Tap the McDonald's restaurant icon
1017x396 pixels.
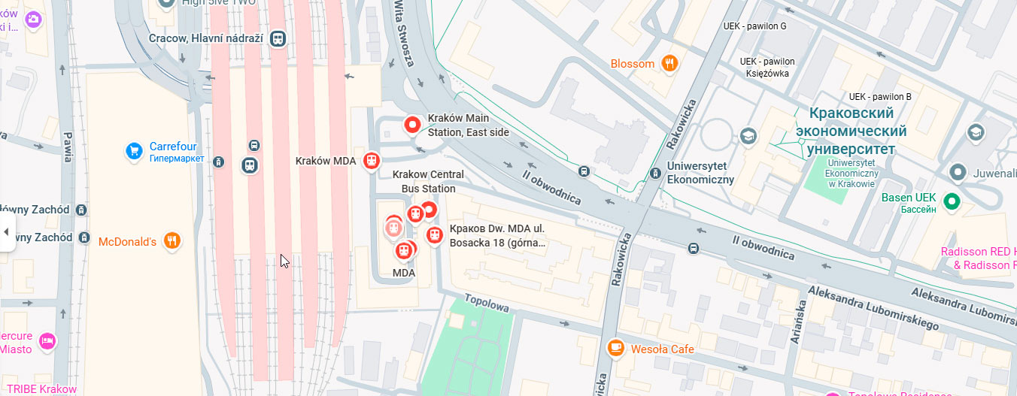pos(172,241)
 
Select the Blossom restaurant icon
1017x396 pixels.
pos(668,64)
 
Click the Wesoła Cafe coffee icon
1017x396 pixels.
pos(615,348)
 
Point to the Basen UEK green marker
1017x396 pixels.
pos(952,201)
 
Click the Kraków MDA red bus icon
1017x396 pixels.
pos(371,161)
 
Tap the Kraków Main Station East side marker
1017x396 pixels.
pos(412,125)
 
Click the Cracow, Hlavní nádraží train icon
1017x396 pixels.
pos(279,38)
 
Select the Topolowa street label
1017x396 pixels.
pos(486,302)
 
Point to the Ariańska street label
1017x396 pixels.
pos(799,322)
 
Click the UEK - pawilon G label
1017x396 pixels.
pos(754,26)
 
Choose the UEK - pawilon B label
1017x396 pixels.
pos(879,97)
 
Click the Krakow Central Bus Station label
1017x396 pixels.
pos(428,181)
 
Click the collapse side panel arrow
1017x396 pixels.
pos(7,231)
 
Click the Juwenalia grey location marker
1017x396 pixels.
pos(958,172)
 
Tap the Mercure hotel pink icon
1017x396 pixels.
pos(48,341)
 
